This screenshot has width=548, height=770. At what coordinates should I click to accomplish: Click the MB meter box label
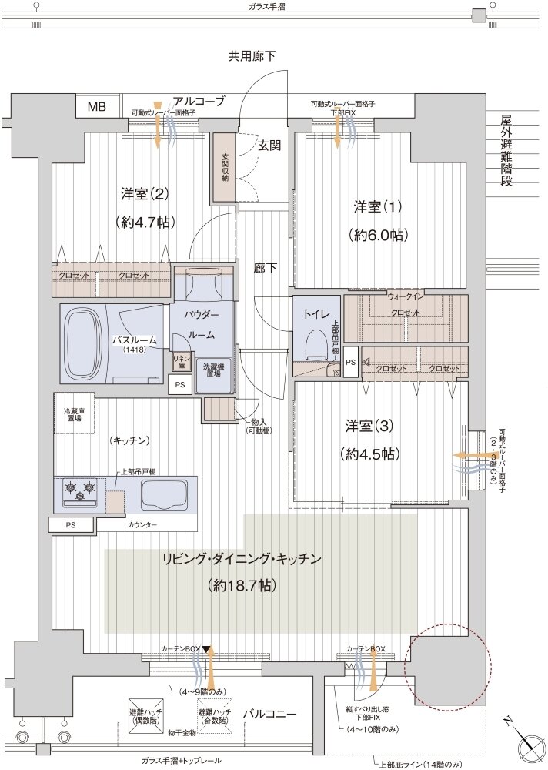coord(97,106)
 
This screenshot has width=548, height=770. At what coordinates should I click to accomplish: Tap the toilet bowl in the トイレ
coord(316,342)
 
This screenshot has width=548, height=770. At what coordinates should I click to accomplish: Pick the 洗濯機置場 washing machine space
coord(212,375)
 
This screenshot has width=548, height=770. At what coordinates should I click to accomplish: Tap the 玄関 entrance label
coord(269,145)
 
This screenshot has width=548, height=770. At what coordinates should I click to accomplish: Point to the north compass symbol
coord(530,745)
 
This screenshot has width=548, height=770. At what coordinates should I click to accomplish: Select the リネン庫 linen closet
coord(178,361)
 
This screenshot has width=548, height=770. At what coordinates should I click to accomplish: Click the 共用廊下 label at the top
coord(252,55)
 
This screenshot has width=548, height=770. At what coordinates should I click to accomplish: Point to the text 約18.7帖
coord(242,585)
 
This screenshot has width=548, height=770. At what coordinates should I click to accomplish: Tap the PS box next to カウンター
coord(71,525)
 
